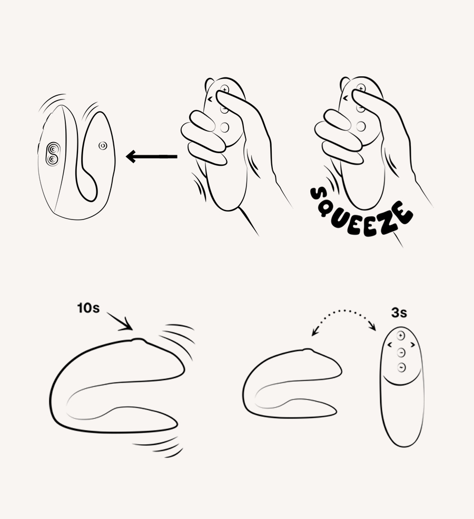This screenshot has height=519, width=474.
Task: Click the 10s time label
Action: (88, 308)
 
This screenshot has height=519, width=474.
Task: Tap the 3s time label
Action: (399, 313)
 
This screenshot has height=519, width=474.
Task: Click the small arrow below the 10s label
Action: (120, 322)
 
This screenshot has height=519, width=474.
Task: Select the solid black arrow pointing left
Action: (152, 156)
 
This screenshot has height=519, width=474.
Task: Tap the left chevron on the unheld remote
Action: (389, 345)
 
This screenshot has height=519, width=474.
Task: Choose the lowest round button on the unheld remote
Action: (401, 367)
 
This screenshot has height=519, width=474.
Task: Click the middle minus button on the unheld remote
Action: (401, 352)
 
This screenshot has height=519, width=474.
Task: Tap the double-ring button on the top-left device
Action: (53, 154)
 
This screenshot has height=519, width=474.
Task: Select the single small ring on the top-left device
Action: (102, 145)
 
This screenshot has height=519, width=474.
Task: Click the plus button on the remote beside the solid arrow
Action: (225, 90)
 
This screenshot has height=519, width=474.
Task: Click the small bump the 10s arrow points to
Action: (138, 341)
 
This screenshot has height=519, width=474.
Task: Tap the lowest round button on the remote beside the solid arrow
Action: (225, 127)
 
